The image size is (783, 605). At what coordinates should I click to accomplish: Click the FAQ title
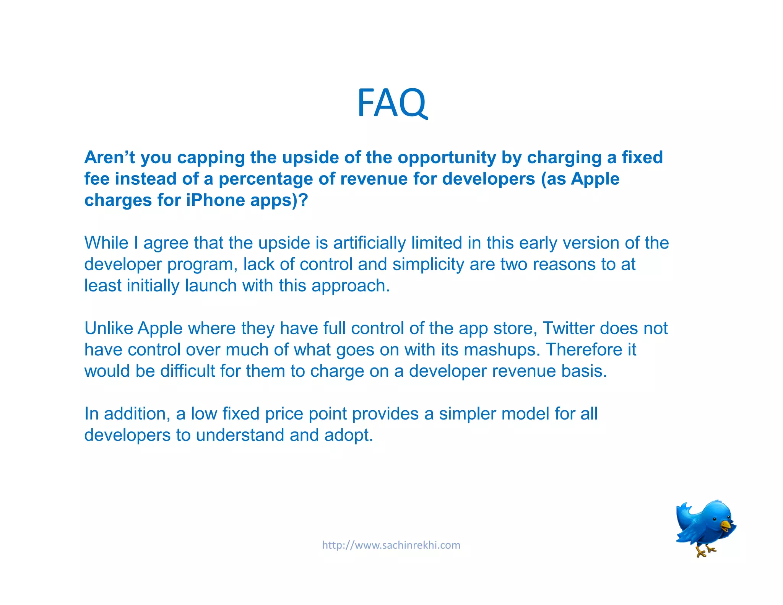(x=391, y=102)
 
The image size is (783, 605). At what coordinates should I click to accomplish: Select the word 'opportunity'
(x=447, y=158)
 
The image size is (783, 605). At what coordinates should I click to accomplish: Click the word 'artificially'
(x=369, y=243)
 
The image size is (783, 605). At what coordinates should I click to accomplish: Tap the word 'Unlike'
(x=108, y=328)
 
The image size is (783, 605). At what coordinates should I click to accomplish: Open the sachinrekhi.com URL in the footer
(x=391, y=545)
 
